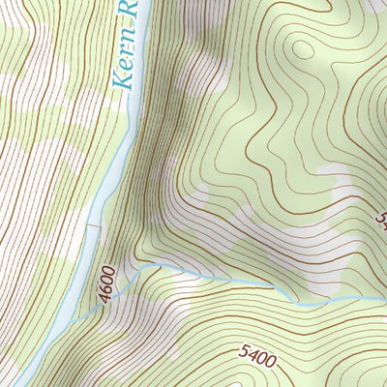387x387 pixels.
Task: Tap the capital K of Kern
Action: click(x=120, y=80)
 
